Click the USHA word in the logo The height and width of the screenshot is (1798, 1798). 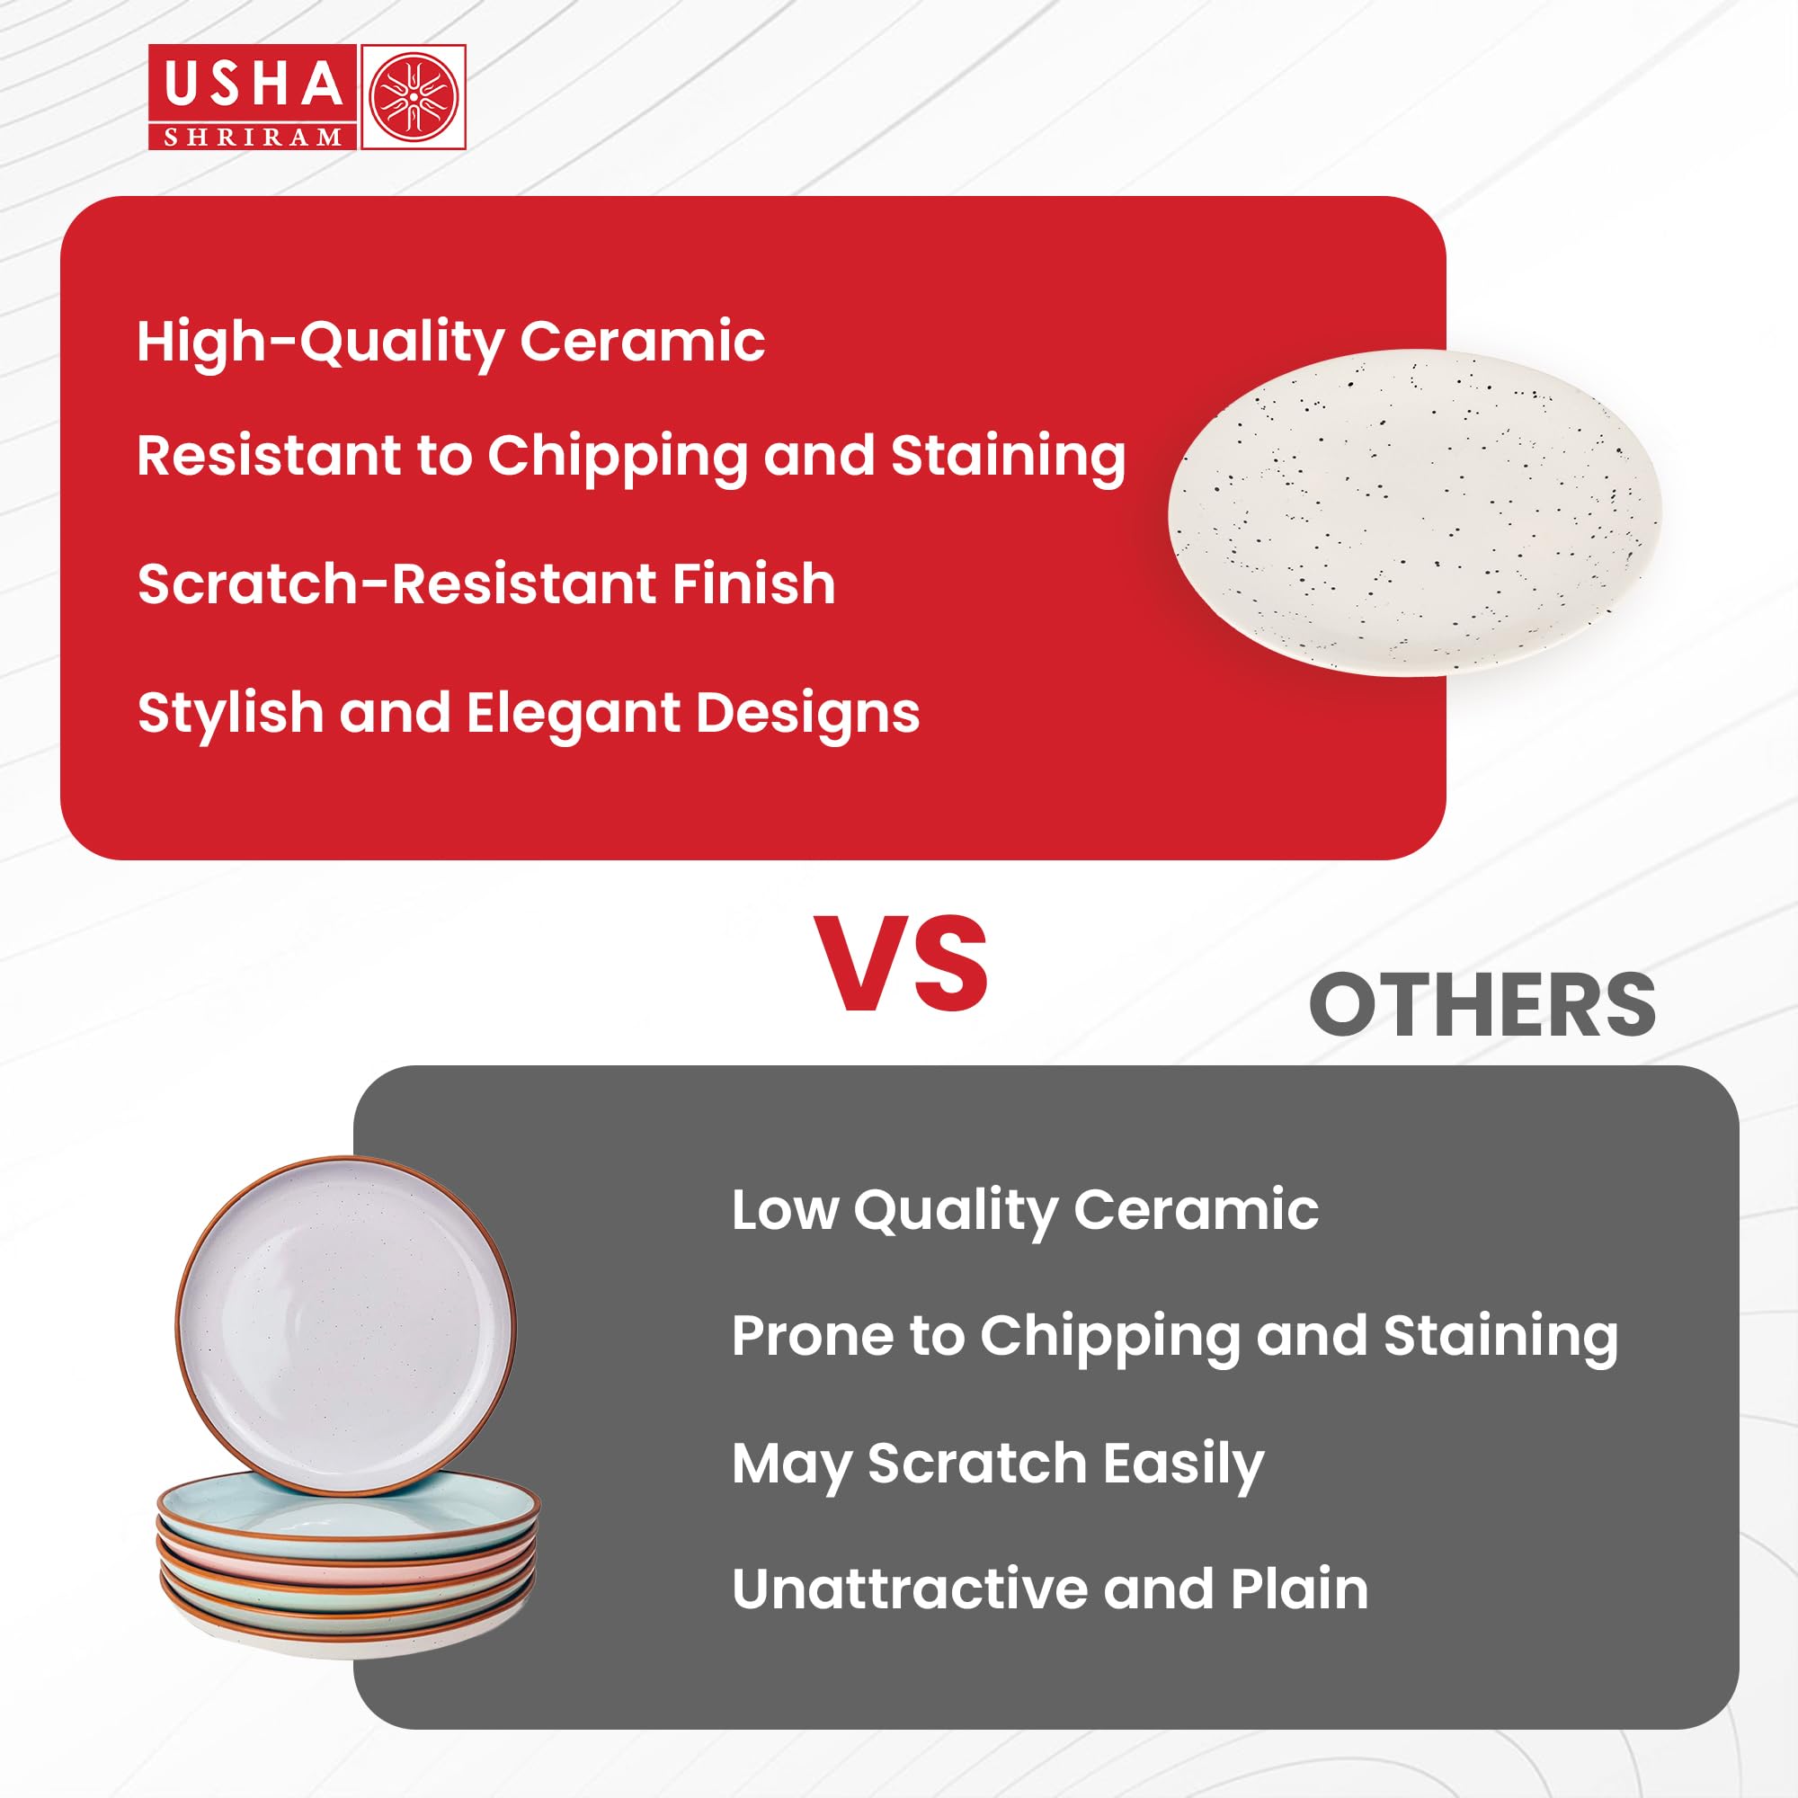click(x=254, y=84)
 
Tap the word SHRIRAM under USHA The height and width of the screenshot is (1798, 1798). click(x=254, y=137)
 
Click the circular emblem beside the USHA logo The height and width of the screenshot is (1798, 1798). click(x=414, y=97)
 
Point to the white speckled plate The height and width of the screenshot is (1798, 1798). click(x=1414, y=512)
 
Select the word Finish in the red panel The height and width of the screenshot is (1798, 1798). click(x=754, y=583)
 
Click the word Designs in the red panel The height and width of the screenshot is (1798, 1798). click(x=808, y=714)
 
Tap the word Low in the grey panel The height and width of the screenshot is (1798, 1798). click(x=785, y=1210)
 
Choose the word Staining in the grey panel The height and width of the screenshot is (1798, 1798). click(x=1500, y=1338)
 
